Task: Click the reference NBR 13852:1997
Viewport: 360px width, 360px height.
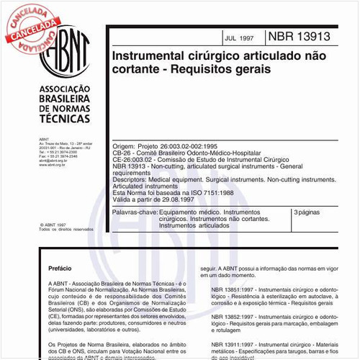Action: (239, 317)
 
